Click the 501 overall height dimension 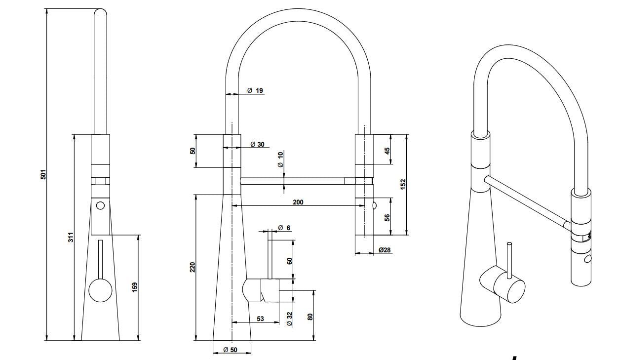coord(43,174)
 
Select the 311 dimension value coord(71,238)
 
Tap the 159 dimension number coord(135,286)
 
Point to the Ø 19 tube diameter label coord(255,90)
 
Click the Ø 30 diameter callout coord(257,144)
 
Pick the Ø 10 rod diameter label coord(280,159)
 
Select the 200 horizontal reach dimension coord(298,202)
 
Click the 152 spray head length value coord(403,184)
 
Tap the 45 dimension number coord(387,150)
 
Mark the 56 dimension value coord(387,217)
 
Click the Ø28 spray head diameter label coord(385,250)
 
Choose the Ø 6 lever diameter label coord(284,228)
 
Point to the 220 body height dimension coord(193,267)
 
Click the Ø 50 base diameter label coord(230,350)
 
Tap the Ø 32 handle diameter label coord(289,319)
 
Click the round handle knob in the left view coord(100,290)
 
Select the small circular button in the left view coord(100,205)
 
